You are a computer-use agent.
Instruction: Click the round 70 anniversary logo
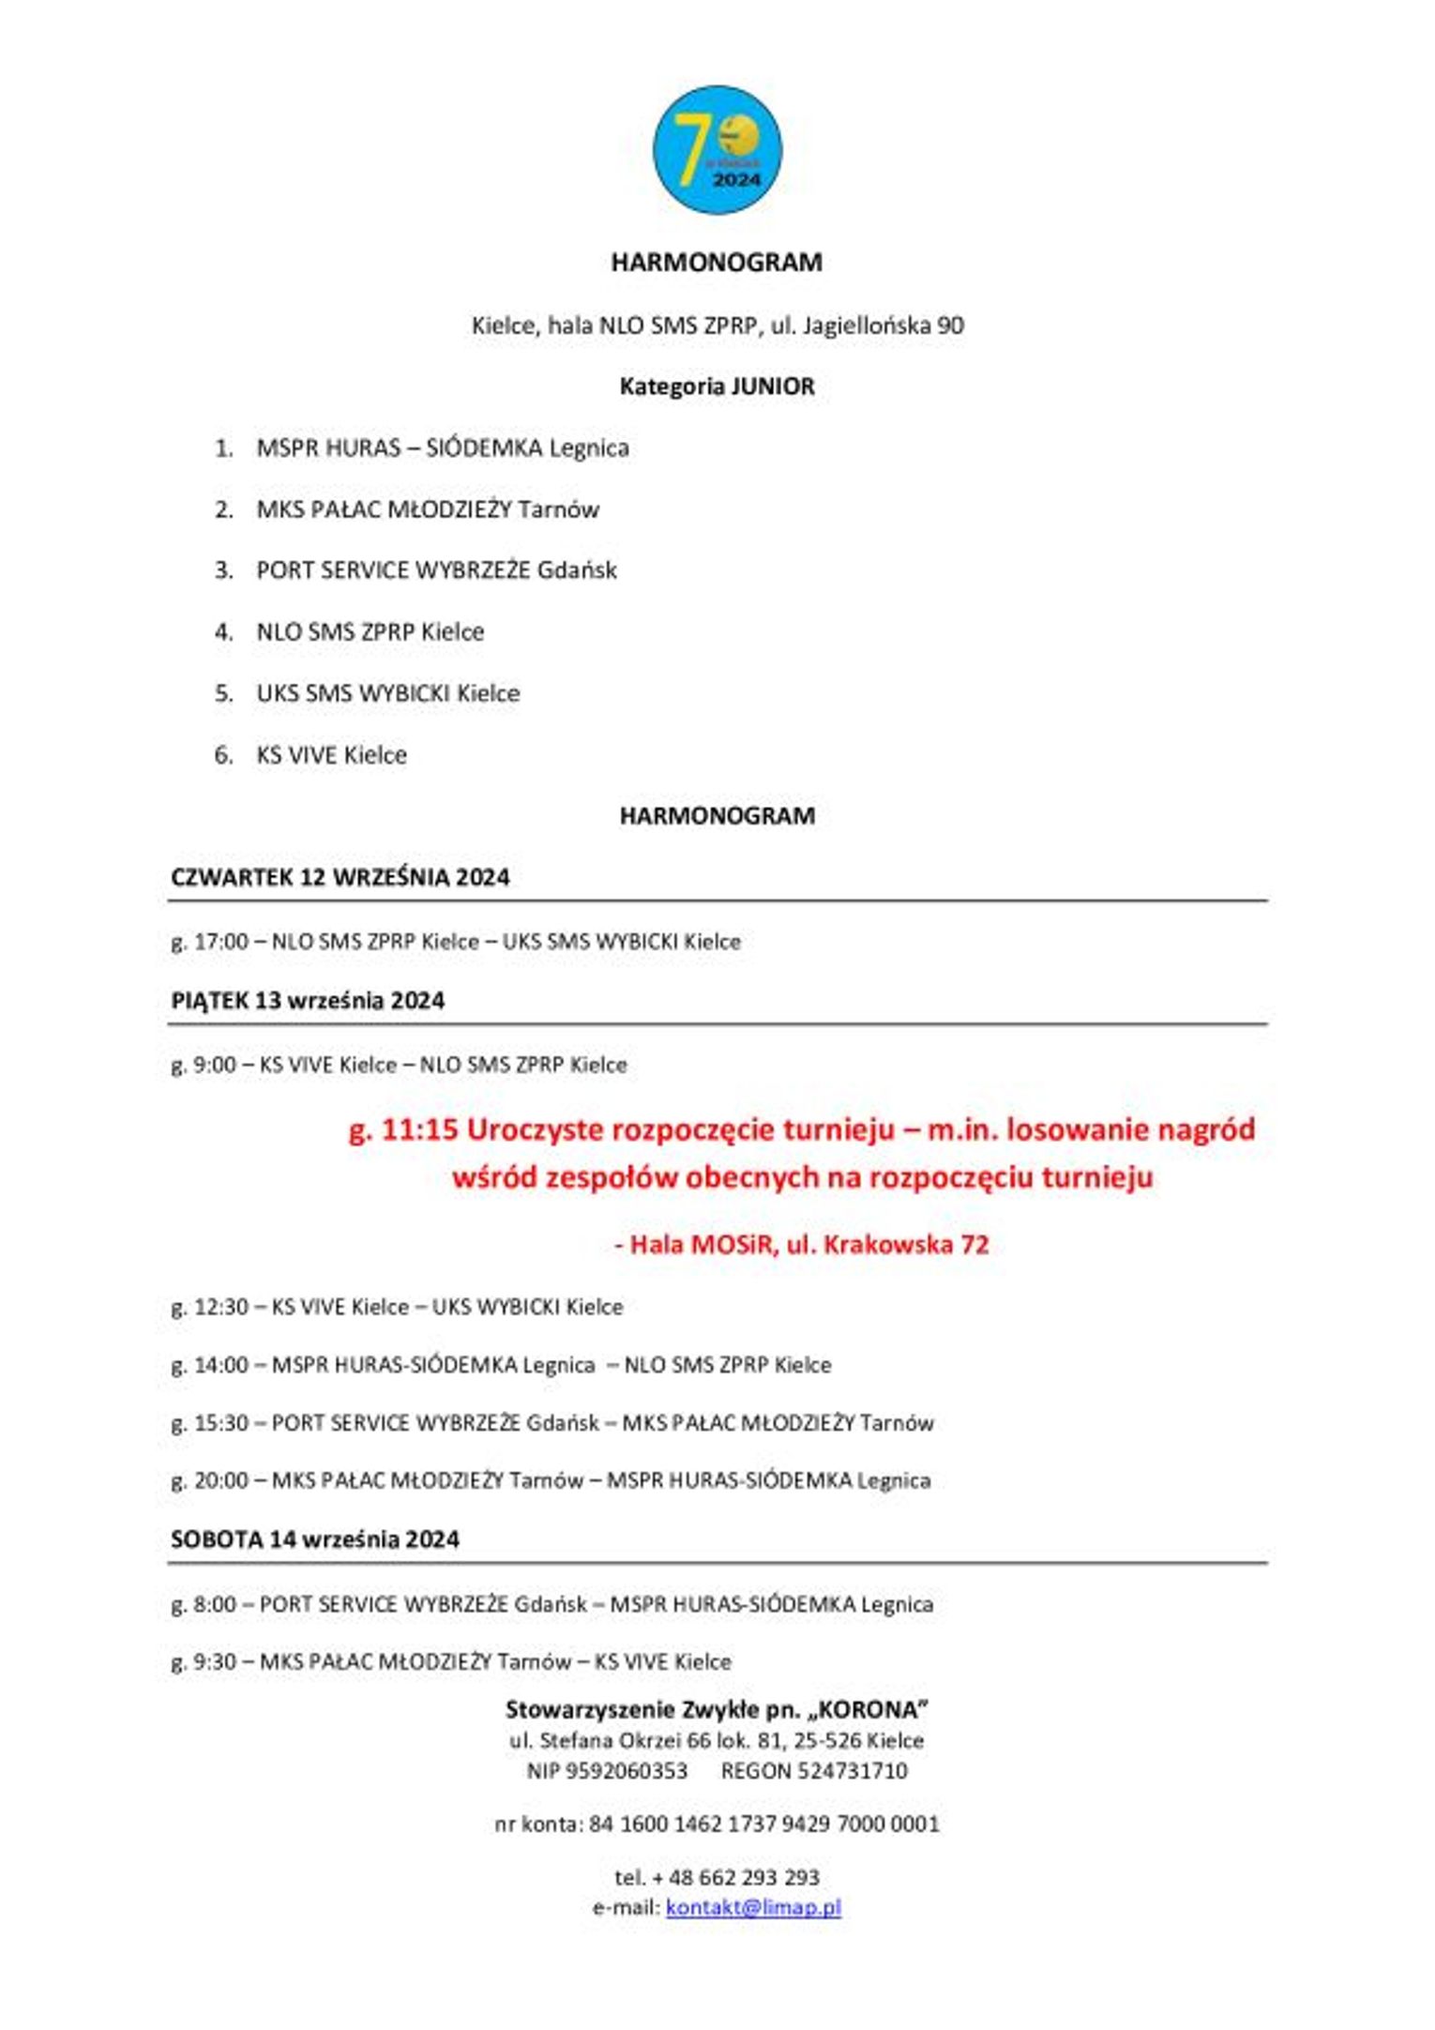click(717, 150)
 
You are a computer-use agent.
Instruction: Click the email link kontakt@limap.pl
click(753, 1907)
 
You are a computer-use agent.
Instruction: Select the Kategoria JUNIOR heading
click(717, 386)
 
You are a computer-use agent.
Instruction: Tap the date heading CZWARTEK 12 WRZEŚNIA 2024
click(340, 877)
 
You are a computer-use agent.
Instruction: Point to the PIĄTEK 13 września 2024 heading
click(308, 1000)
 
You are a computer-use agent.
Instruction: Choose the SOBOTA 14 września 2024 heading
click(315, 1538)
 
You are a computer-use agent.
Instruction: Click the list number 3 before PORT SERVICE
click(223, 570)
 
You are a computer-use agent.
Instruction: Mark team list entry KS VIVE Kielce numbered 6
click(331, 755)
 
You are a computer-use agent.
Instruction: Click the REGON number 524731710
click(852, 1771)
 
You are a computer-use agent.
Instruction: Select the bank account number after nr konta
click(763, 1824)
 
